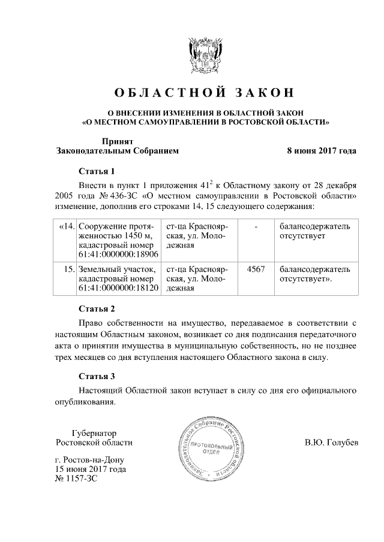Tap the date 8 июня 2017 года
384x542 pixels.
[x=322, y=151]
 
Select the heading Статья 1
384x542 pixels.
[x=97, y=171]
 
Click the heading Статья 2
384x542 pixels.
[x=97, y=309]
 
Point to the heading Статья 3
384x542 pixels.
[x=97, y=377]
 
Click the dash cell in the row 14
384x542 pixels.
[x=256, y=226]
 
